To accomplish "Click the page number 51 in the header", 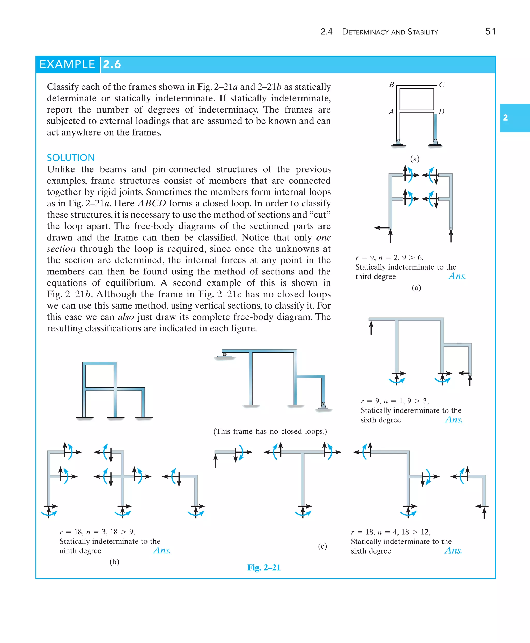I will click(x=490, y=32).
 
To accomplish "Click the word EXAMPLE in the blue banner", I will click(x=67, y=64).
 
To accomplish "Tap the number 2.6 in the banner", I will click(x=112, y=64).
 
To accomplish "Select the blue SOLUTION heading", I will click(x=71, y=158).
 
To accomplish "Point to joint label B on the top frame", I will click(x=391, y=85).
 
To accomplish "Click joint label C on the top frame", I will click(x=441, y=85).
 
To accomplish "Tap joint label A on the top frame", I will click(x=391, y=112).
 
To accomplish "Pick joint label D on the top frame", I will click(x=441, y=112).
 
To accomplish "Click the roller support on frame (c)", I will click(x=225, y=355).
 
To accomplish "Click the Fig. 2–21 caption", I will click(x=264, y=567).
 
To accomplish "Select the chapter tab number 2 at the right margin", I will click(x=506, y=118).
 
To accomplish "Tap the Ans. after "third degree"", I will click(x=457, y=276).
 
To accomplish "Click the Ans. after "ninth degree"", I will click(x=162, y=550).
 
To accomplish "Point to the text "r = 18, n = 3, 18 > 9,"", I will click(x=97, y=532).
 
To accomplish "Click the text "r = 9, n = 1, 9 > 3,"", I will click(x=394, y=401).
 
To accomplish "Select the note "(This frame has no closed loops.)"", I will click(x=270, y=431).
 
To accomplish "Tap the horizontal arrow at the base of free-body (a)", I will click(x=382, y=228).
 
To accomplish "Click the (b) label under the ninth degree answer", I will click(x=114, y=562).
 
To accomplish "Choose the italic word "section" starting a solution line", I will click(x=61, y=249).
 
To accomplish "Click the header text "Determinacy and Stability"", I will click(x=390, y=32).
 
